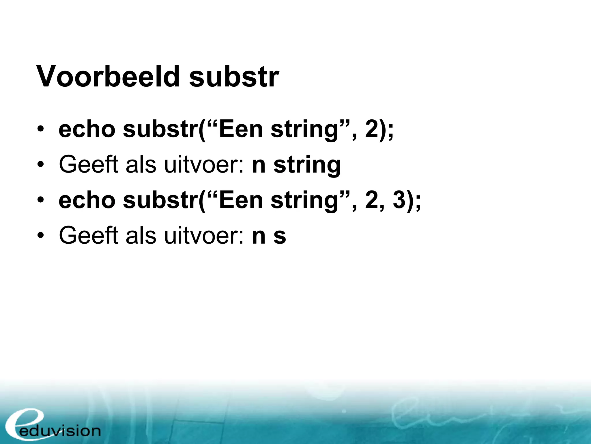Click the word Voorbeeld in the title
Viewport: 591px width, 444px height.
pos(108,77)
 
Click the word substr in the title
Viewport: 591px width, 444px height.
pos(234,77)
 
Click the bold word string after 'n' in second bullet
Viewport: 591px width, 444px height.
pos(307,165)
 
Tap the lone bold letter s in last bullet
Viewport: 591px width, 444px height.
pos(280,236)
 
